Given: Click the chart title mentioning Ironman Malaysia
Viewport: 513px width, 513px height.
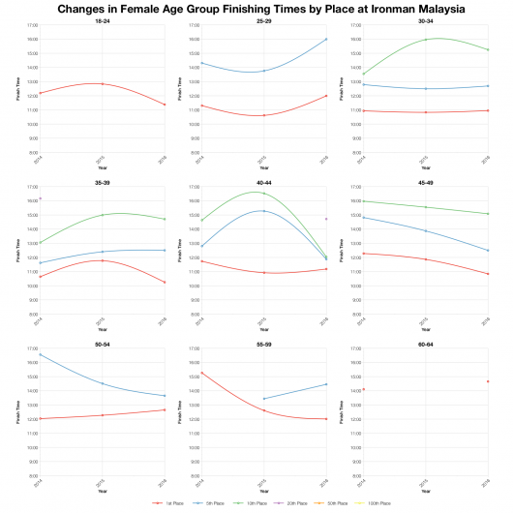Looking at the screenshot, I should (256, 8).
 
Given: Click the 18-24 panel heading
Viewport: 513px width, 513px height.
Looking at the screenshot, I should (102, 19).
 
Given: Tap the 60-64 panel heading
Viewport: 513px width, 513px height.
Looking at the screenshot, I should (424, 343).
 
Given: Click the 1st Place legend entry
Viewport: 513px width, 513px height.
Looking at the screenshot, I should (170, 503).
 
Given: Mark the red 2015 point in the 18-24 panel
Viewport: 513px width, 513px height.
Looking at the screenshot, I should (102, 84).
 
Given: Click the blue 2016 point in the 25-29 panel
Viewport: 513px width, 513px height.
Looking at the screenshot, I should (326, 39).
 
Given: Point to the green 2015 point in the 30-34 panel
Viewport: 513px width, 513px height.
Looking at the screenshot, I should (424, 40).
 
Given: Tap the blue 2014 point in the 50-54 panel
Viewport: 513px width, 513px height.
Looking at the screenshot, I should (39, 354).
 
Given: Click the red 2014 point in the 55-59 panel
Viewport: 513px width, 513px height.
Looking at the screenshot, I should (200, 372).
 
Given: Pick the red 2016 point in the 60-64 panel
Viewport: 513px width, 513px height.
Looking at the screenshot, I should (488, 381).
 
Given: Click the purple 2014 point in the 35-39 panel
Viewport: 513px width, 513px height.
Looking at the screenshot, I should (39, 198).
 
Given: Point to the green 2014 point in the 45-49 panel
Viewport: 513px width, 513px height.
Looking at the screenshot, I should (361, 201).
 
